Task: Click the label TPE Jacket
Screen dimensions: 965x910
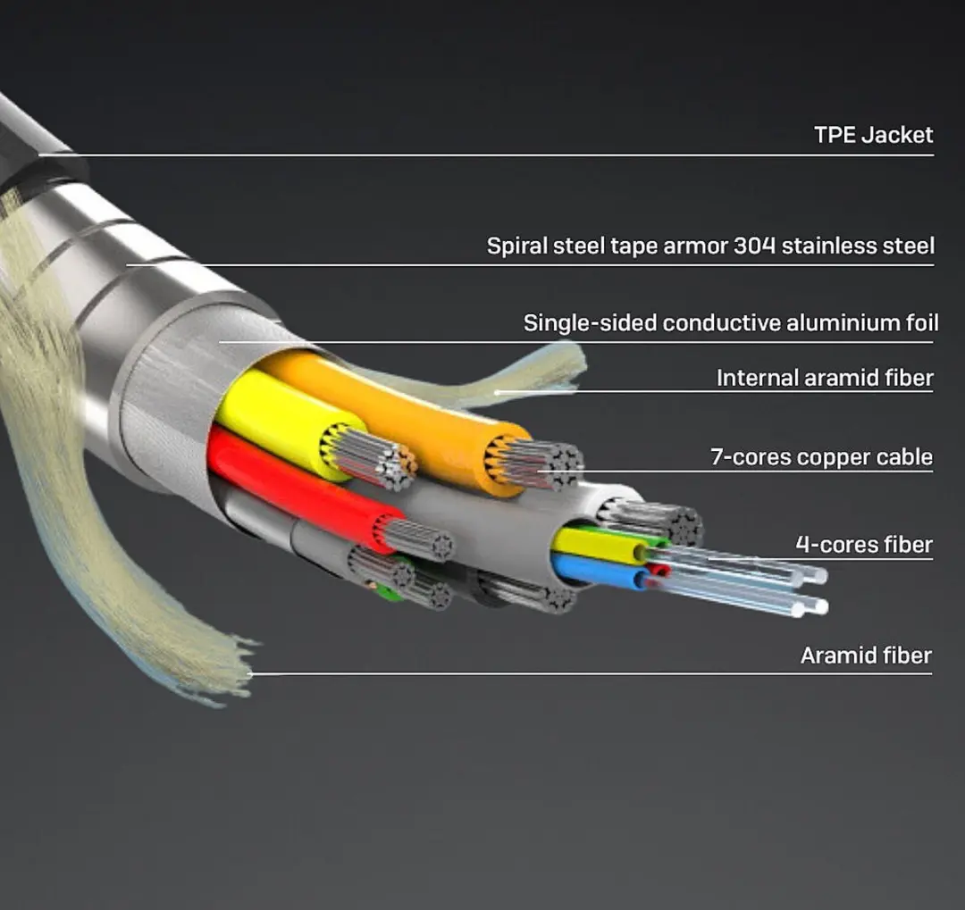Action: point(873,135)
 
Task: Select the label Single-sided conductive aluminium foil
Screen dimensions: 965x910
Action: point(731,322)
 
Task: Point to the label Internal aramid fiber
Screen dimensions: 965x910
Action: point(825,377)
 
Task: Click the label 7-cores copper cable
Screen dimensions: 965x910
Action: point(822,456)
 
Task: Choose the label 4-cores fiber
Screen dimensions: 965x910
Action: point(864,545)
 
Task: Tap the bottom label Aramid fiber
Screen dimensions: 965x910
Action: point(866,655)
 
